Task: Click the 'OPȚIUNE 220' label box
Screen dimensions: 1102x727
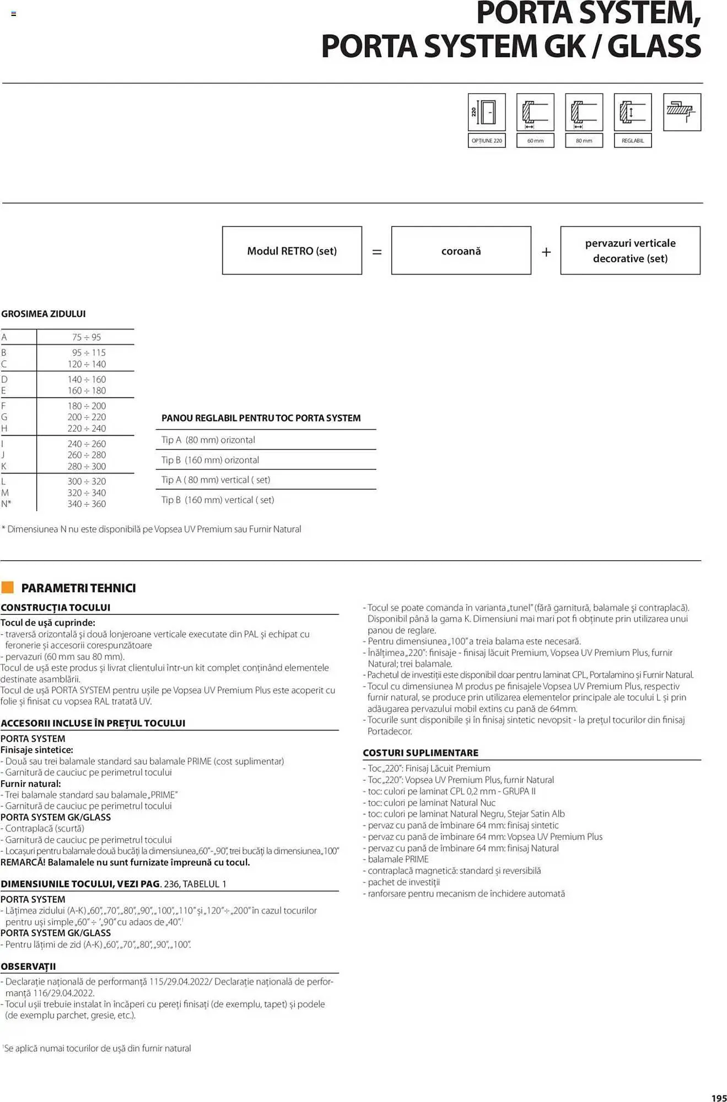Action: click(x=486, y=141)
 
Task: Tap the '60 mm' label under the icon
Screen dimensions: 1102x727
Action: click(x=535, y=141)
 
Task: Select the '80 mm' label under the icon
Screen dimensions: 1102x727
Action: click(x=584, y=141)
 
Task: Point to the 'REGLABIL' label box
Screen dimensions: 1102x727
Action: click(x=632, y=141)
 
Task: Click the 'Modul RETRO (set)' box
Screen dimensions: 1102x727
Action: click(x=292, y=251)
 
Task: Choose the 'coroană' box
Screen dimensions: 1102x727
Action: click(x=461, y=251)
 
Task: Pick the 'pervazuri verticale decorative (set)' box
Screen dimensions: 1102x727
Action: click(x=630, y=251)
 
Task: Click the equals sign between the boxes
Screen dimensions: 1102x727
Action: click(x=377, y=252)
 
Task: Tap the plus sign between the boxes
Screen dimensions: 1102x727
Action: click(x=546, y=252)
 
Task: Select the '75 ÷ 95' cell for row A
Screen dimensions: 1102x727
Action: click(x=87, y=337)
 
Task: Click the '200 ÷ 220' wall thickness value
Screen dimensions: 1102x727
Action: click(x=87, y=417)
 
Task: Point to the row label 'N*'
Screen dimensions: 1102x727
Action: click(x=6, y=504)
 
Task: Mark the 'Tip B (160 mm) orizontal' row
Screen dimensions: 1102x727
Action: click(x=210, y=460)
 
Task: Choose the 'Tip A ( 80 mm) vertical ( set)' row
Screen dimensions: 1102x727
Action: click(x=216, y=480)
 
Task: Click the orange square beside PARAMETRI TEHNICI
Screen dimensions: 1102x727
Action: click(x=8, y=587)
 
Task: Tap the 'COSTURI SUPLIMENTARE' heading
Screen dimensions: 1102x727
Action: click(x=420, y=753)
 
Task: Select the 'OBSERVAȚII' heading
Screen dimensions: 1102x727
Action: click(x=28, y=966)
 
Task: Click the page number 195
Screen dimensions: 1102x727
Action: click(x=719, y=1098)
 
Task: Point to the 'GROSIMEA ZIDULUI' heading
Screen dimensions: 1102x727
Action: click(x=44, y=314)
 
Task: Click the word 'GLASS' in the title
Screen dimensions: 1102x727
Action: click(x=654, y=46)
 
